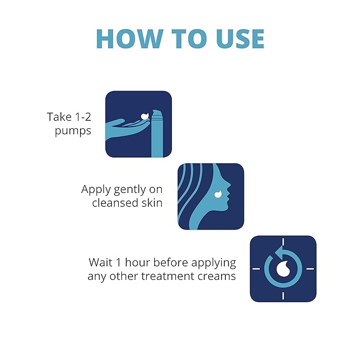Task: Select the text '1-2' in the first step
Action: click(x=81, y=117)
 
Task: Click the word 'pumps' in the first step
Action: click(x=73, y=130)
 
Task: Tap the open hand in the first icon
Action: click(x=127, y=124)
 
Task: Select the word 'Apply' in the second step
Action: click(x=95, y=189)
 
